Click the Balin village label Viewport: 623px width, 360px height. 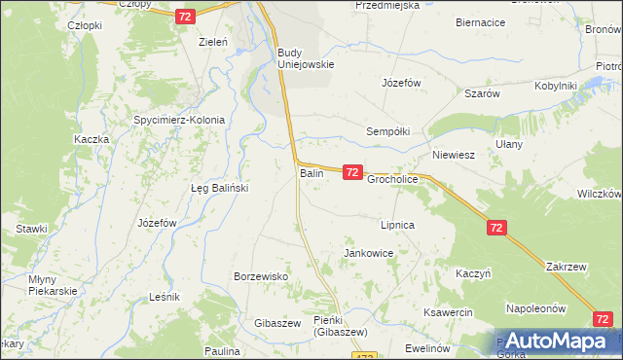tap(311, 173)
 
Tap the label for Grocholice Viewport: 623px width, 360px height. tap(392, 180)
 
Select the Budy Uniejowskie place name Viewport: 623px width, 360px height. tap(306, 58)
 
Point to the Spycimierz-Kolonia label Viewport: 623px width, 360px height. tap(179, 121)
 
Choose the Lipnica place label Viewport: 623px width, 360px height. tap(398, 225)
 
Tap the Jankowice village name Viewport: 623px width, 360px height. tap(368, 253)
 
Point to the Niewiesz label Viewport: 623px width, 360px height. tap(453, 155)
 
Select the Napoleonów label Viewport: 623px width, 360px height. tap(535, 308)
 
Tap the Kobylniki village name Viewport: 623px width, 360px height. tap(556, 86)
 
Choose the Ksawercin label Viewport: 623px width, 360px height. tap(448, 312)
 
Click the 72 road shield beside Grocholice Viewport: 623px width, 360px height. tap(352, 172)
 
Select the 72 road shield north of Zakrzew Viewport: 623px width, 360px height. tap(497, 227)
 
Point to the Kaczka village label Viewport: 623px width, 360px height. tap(91, 139)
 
